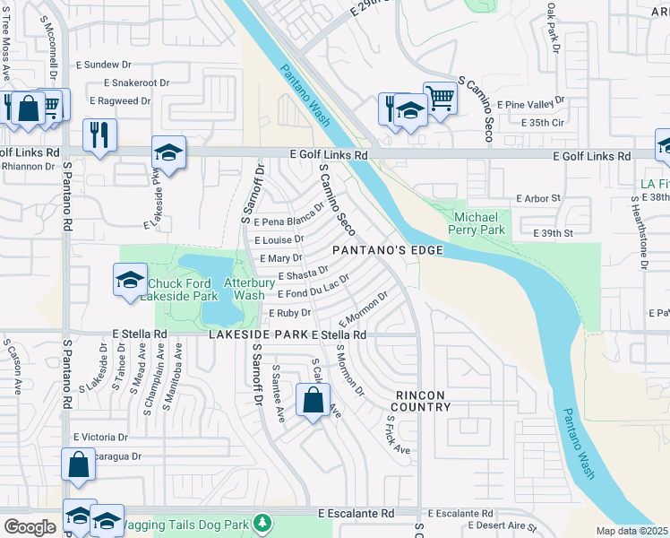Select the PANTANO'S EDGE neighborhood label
point(388,250)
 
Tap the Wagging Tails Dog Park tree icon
point(262,522)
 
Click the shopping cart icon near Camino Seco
point(440,98)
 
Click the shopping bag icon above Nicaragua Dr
point(78,464)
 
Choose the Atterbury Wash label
point(244,289)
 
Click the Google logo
point(30,527)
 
